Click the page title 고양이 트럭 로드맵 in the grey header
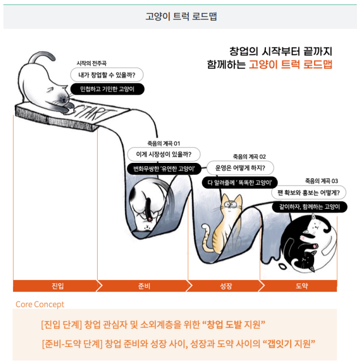[x=181, y=16]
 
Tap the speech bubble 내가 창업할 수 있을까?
[x=107, y=75]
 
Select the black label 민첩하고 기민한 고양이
[x=107, y=89]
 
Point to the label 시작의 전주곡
[x=92, y=63]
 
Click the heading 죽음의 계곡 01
[x=164, y=143]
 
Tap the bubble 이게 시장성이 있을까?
[x=164, y=155]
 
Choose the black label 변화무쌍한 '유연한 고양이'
[x=164, y=169]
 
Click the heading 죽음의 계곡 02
[x=249, y=156]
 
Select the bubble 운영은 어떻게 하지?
[x=240, y=168]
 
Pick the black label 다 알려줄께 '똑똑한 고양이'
[x=239, y=183]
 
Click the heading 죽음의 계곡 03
[x=321, y=181]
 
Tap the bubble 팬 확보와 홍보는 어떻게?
[x=309, y=193]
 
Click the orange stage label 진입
[x=58, y=286]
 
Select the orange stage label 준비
[x=144, y=286]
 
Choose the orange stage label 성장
[x=226, y=286]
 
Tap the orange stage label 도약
[x=302, y=286]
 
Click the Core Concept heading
[x=40, y=305]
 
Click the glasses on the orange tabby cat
[x=230, y=205]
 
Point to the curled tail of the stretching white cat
[x=43, y=55]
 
